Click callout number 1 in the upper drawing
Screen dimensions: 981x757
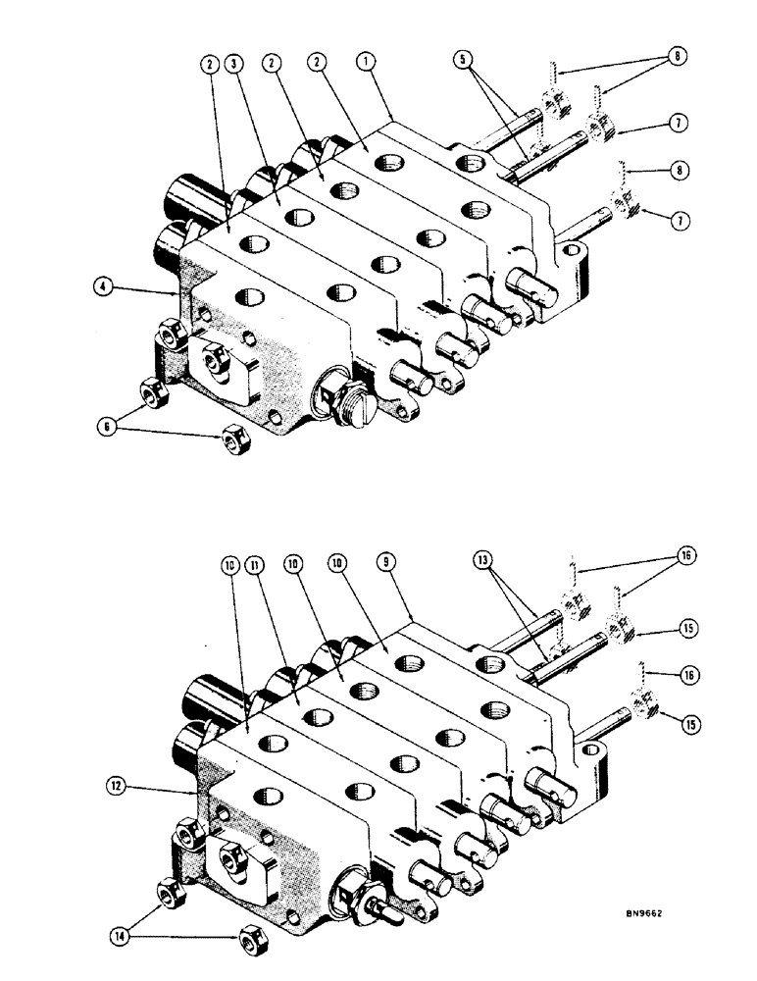(366, 61)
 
